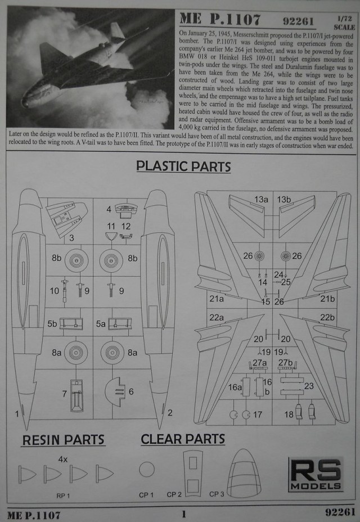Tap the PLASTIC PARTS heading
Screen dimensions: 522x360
[x=184, y=167]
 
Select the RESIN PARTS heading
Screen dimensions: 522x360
[x=64, y=439]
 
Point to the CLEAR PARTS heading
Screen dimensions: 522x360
[x=183, y=439]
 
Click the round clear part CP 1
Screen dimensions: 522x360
[x=147, y=470]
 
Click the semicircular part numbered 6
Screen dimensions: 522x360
[x=116, y=391]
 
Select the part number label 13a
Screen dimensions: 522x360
[x=261, y=199]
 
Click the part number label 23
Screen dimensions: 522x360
[x=309, y=386]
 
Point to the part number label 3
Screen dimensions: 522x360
[x=72, y=238]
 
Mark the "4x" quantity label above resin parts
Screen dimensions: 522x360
[x=63, y=459]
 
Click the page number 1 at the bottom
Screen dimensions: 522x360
[x=183, y=513]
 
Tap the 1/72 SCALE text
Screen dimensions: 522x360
[x=344, y=22]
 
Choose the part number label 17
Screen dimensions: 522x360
[x=258, y=415]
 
